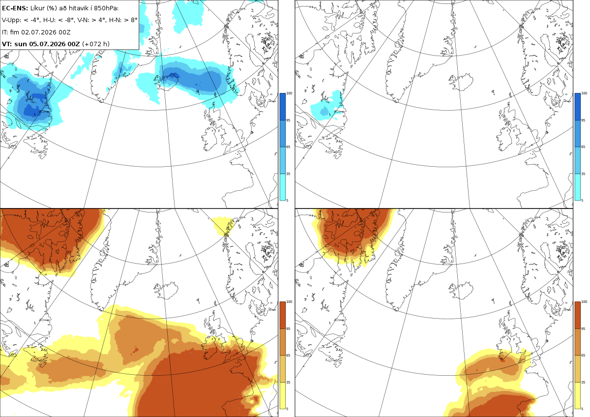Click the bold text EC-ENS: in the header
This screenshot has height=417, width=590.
point(15,8)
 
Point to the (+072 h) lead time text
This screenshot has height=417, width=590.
point(96,44)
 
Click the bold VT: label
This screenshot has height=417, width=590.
point(7,44)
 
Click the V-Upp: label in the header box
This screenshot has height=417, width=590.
point(11,20)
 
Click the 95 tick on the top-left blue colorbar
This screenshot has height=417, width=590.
point(288,120)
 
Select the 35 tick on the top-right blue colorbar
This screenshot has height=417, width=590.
point(583,174)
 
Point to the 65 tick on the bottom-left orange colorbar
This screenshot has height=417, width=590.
point(288,356)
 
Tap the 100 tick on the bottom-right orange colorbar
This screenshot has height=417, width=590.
point(584,301)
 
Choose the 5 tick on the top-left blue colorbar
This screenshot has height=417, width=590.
point(287,200)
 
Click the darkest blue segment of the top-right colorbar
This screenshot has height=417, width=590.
point(577,107)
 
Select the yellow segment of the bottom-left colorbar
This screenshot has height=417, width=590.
point(282,395)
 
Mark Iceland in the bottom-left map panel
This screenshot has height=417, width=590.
point(166,290)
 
